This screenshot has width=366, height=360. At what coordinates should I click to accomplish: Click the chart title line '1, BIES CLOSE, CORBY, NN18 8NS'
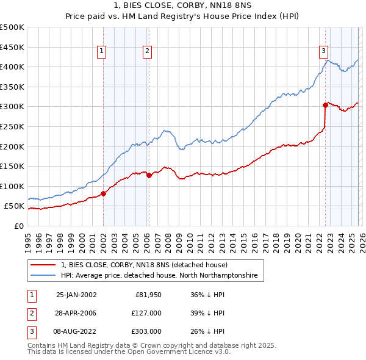tap(182, 6)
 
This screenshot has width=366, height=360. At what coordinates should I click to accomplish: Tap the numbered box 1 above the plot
tap(101, 52)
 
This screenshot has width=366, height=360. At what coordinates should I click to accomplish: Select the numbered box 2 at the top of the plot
tap(148, 52)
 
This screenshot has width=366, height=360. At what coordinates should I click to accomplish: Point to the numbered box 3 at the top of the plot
tap(323, 52)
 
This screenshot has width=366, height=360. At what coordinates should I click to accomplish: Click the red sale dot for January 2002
tap(103, 193)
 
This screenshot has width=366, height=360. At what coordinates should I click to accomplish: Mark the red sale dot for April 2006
tap(149, 175)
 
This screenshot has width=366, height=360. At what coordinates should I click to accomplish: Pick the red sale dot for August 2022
tap(325, 106)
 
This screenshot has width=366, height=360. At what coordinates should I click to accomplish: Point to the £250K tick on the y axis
tap(12, 126)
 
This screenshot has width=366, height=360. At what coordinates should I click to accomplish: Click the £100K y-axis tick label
tap(12, 186)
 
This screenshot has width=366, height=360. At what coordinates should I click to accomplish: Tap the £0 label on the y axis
tap(18, 226)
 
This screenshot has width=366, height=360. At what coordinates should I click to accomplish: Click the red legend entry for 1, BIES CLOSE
tap(144, 265)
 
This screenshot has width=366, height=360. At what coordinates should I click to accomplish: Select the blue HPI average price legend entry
tap(159, 276)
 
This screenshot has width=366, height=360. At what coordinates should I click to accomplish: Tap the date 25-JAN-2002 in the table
tap(76, 294)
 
